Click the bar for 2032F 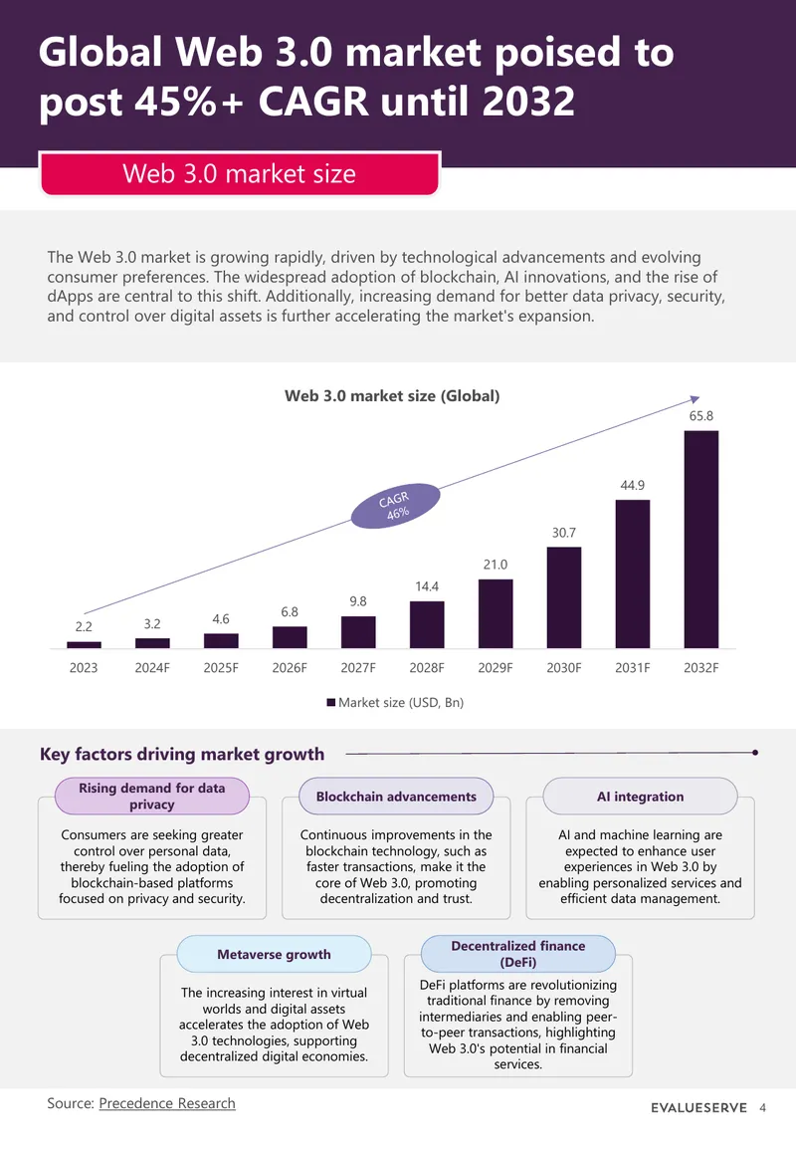[700, 539]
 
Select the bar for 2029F [496, 614]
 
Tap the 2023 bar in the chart [84, 644]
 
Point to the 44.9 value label [633, 486]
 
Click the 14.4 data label [427, 586]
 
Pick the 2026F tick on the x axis [290, 668]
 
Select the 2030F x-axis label [563, 668]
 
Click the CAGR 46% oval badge [395, 506]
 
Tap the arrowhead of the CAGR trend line [696, 399]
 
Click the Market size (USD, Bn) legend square [331, 703]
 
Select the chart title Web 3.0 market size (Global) [392, 396]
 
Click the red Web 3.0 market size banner [240, 174]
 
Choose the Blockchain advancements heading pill [396, 797]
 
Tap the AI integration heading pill [640, 797]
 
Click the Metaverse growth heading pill [275, 954]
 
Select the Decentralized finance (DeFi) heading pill [518, 954]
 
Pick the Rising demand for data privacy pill [151, 797]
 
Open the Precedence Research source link [167, 1103]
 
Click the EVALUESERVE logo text [698, 1107]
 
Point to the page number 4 [762, 1107]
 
